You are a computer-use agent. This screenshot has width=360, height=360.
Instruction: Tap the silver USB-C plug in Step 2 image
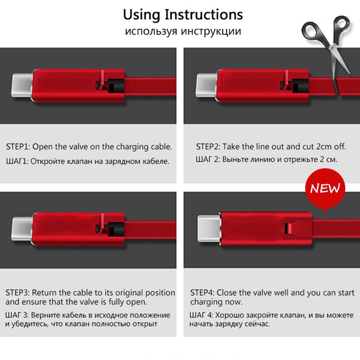tap(206, 83)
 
